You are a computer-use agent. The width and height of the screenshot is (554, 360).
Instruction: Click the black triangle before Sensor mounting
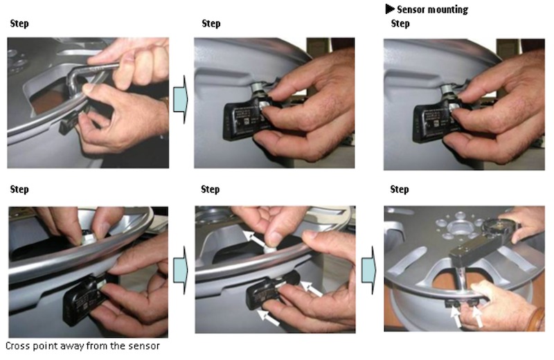(x=390, y=9)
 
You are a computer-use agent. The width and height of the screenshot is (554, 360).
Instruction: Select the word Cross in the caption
(x=19, y=345)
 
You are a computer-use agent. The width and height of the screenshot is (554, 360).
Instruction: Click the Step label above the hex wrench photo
(x=19, y=24)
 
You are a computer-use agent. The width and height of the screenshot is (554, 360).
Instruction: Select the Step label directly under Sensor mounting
(x=400, y=24)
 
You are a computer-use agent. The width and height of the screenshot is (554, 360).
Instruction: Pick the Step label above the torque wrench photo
(x=400, y=189)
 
